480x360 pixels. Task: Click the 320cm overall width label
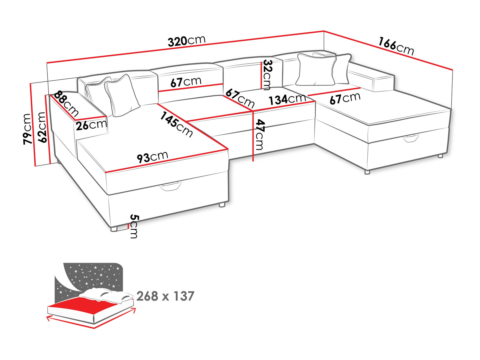click(x=187, y=41)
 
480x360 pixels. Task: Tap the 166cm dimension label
click(x=396, y=46)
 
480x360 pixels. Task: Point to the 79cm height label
click(x=27, y=129)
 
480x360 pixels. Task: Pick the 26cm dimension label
click(x=92, y=125)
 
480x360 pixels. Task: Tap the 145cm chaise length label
click(x=176, y=124)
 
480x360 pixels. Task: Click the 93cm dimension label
click(x=152, y=157)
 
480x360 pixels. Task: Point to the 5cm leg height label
click(x=134, y=226)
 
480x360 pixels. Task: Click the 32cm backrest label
click(x=267, y=75)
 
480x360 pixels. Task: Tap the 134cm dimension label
click(x=287, y=99)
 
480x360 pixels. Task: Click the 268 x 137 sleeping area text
click(x=165, y=296)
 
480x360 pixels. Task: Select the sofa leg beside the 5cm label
click(x=114, y=229)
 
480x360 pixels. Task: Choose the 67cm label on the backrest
click(x=186, y=82)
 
